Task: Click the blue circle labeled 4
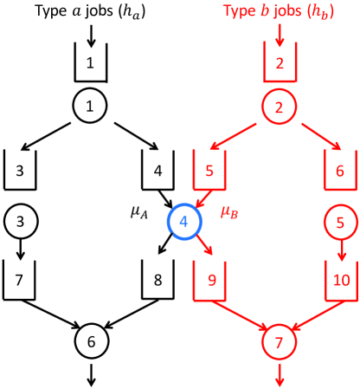183,221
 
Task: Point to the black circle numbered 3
20,221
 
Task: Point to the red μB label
228,211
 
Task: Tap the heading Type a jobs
90,10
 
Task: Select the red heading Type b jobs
279,10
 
